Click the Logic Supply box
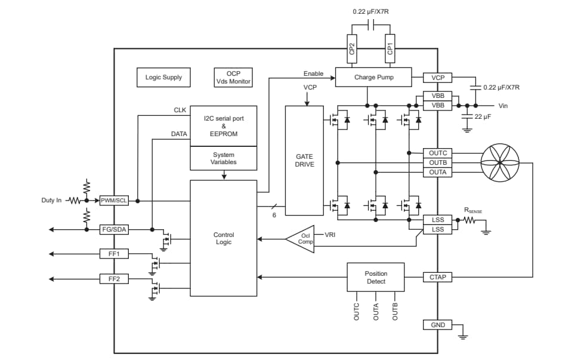click(x=163, y=78)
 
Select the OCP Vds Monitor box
click(x=233, y=78)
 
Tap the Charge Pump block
click(x=373, y=78)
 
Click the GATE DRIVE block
click(x=304, y=160)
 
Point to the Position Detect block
click(x=376, y=278)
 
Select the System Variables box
click(x=224, y=158)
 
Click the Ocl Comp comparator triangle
click(x=302, y=238)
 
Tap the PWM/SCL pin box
click(x=114, y=201)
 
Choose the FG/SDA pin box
click(x=114, y=229)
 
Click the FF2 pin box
click(x=114, y=279)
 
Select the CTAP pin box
click(x=437, y=277)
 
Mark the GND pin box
click(x=437, y=325)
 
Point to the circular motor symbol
click(x=500, y=162)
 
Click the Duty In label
click(x=51, y=201)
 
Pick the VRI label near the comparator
click(x=330, y=235)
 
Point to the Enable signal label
click(x=313, y=73)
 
